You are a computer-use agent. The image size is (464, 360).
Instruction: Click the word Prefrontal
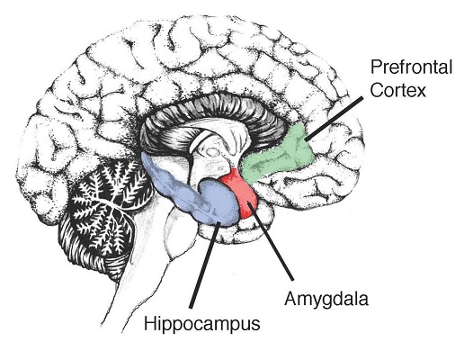click(411, 67)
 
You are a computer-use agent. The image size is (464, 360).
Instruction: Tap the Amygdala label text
click(326, 300)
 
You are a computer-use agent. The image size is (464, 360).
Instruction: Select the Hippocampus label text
click(202, 325)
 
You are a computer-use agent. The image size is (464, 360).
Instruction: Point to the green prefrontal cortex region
click(279, 156)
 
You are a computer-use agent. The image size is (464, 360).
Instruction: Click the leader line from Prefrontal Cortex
click(334, 118)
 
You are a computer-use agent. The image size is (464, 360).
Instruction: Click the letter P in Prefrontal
click(376, 67)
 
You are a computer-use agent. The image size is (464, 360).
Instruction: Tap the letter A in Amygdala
click(291, 299)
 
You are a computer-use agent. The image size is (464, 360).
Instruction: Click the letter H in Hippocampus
click(150, 323)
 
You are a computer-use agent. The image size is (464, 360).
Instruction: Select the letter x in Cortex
click(421, 91)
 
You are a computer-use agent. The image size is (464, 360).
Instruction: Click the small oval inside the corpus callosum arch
click(213, 152)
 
